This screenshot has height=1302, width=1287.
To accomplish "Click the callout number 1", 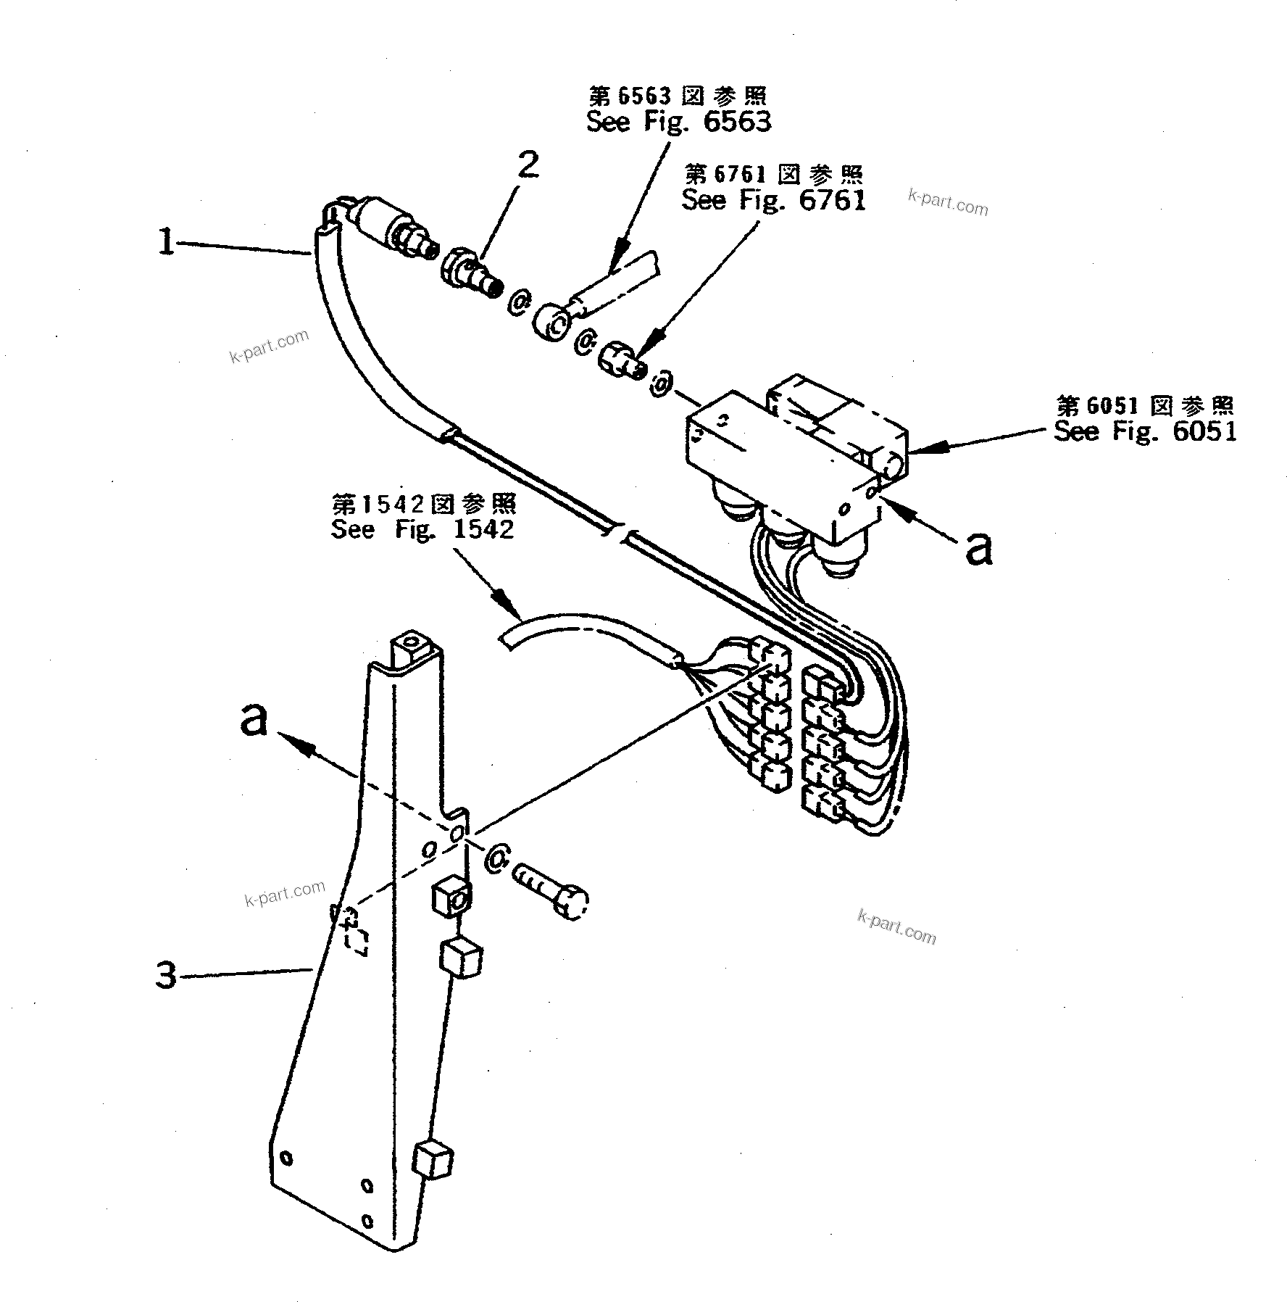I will pyautogui.click(x=167, y=242).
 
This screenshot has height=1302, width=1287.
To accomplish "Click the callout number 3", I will pyautogui.click(x=167, y=976).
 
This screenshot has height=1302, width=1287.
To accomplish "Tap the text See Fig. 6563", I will pyautogui.click(x=678, y=121).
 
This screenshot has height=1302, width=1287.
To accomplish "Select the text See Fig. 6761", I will pyautogui.click(x=773, y=199).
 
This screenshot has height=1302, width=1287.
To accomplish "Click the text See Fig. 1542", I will pyautogui.click(x=422, y=528).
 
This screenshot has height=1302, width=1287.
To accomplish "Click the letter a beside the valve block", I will pyautogui.click(x=979, y=550).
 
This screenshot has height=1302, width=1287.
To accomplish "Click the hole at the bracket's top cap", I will pyautogui.click(x=411, y=642).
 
